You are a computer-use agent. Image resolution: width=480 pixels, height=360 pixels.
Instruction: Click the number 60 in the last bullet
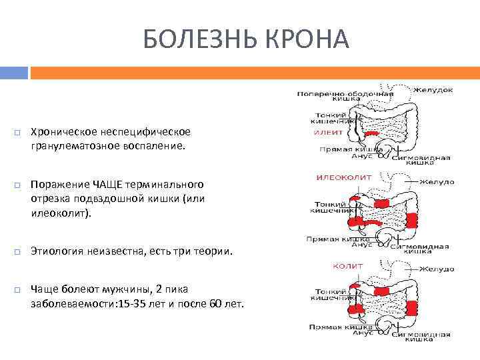[x=211, y=303]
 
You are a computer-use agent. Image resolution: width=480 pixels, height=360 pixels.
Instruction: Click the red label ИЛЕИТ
[x=328, y=133]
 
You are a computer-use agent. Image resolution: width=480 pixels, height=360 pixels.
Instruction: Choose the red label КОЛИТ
[x=347, y=266]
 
